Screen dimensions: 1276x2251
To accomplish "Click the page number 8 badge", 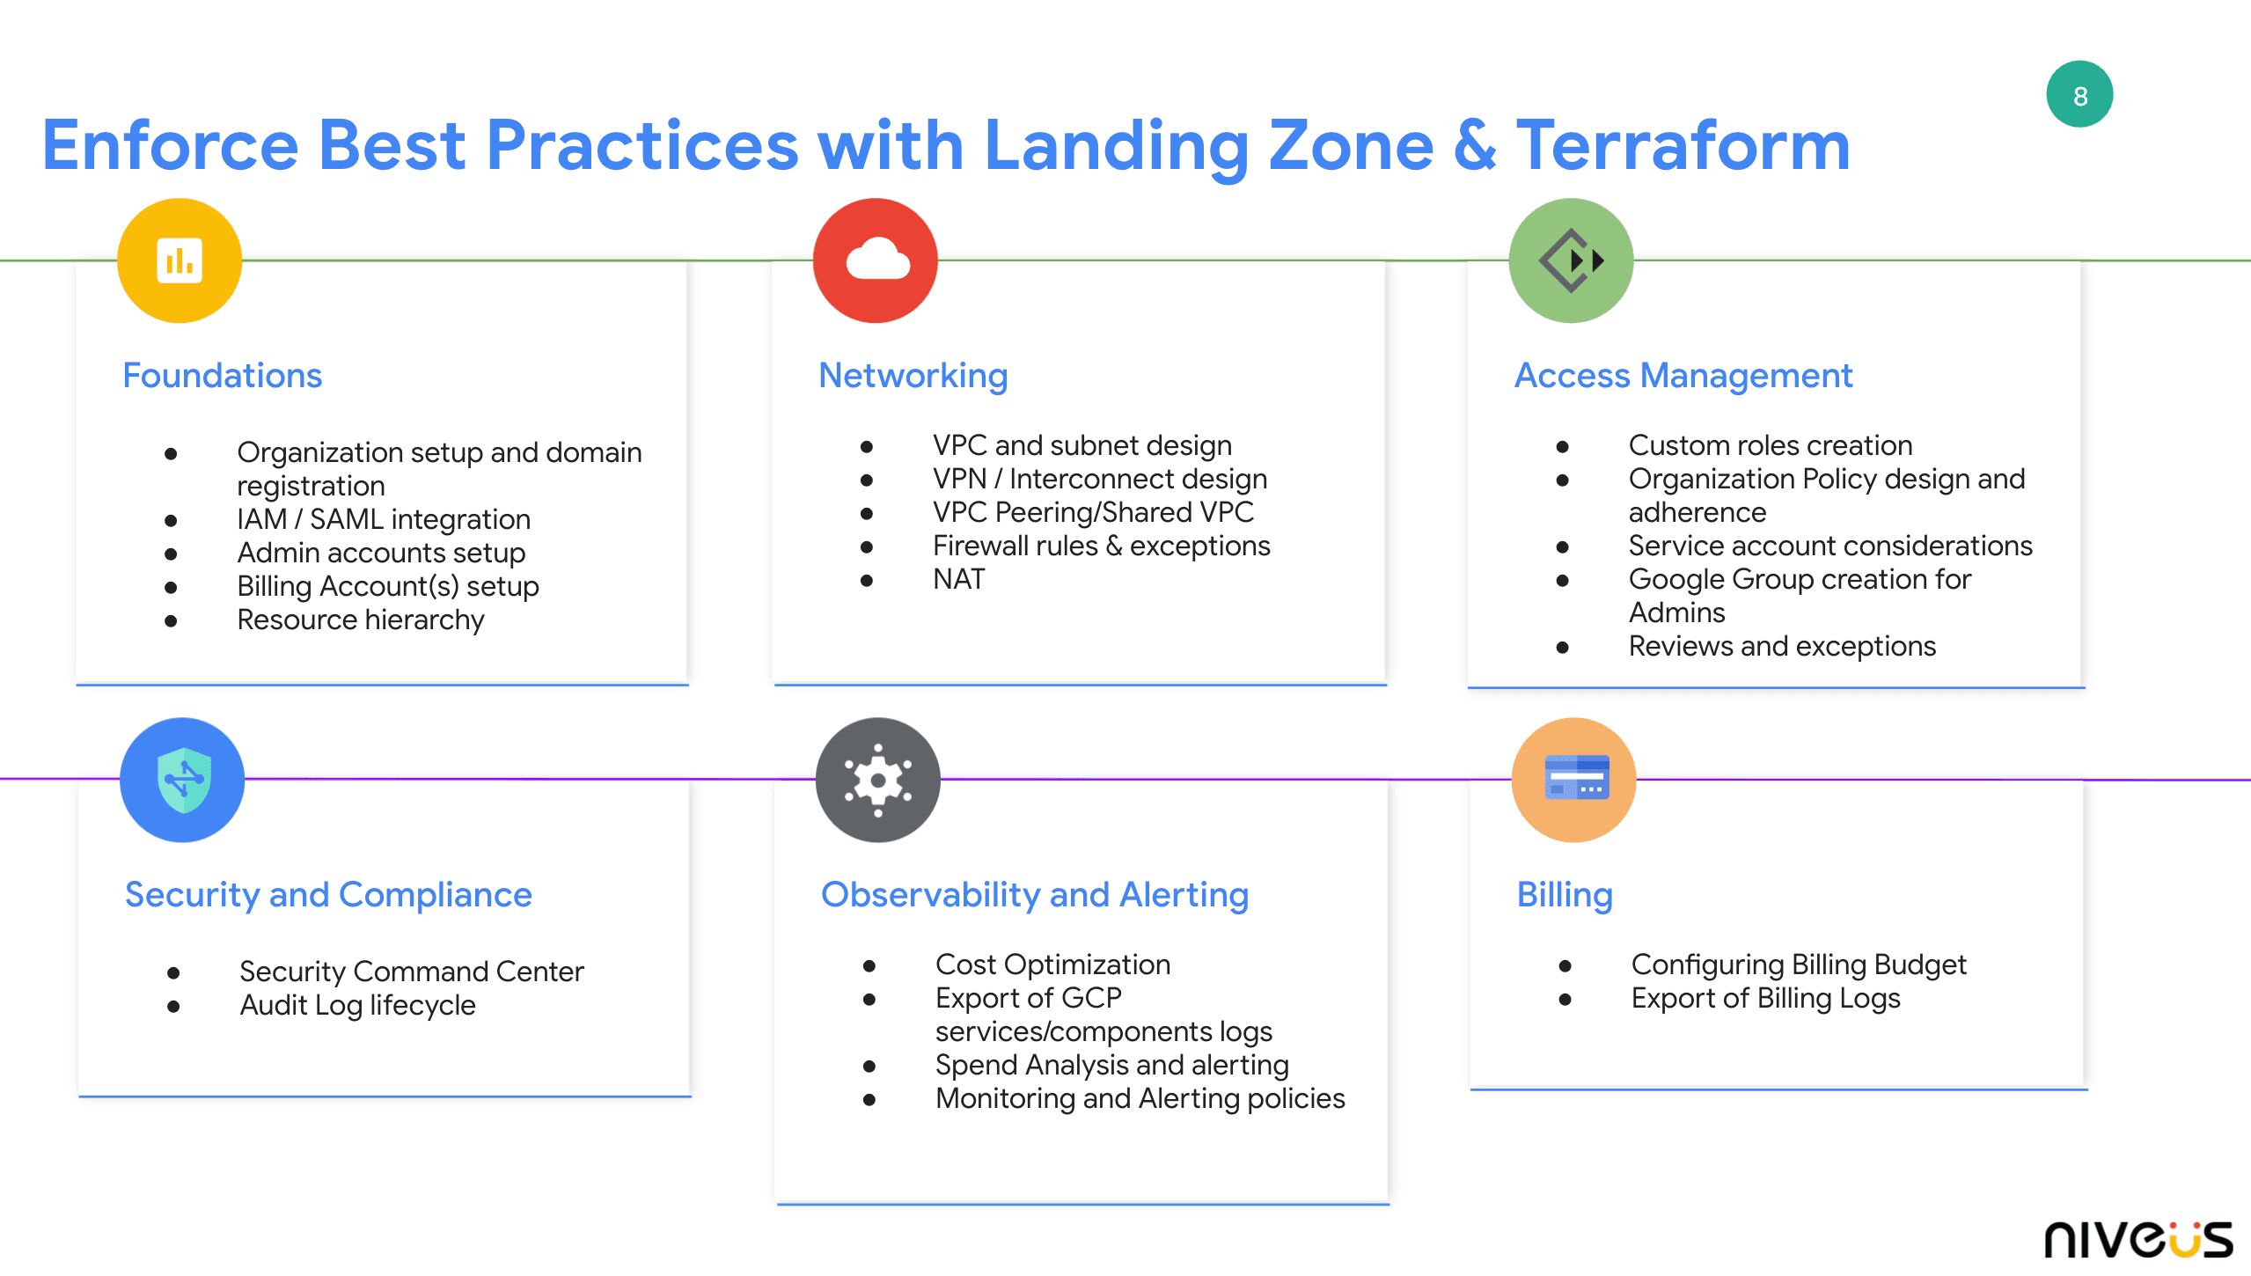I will (2079, 95).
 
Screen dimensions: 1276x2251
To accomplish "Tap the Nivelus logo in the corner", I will (2137, 1238).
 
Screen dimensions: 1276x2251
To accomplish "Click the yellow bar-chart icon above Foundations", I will (180, 260).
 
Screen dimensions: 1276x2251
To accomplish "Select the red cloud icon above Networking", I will (876, 260).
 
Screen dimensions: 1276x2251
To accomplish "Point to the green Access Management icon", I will (1571, 260).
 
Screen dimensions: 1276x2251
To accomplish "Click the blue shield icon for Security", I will (182, 780).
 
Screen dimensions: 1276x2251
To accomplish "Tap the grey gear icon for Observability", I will (877, 780).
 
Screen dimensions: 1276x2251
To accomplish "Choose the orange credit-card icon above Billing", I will (1573, 780).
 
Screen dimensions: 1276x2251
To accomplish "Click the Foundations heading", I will (223, 376).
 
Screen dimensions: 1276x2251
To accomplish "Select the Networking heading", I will (913, 376).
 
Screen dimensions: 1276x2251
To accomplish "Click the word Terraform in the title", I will (1683, 145).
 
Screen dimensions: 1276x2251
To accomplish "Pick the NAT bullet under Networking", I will (958, 579).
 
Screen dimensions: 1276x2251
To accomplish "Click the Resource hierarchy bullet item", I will (361, 620).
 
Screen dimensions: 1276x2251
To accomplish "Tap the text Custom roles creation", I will (1770, 445).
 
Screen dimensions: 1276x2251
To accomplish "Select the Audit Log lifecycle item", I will (357, 1005).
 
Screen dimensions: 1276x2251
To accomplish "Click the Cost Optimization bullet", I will (1052, 964).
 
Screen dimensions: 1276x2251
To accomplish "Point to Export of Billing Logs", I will (1765, 998).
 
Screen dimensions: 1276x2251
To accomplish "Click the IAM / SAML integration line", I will (384, 519).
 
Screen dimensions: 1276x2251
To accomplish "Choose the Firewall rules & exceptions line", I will (1101, 546).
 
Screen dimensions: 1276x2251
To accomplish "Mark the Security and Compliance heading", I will (328, 895).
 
